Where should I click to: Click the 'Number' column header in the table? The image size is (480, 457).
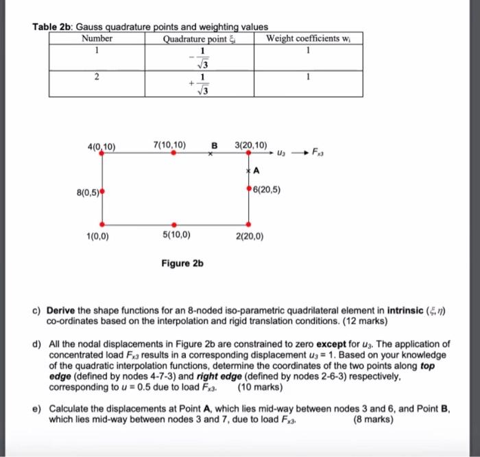coord(97,39)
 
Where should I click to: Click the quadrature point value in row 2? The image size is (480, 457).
coord(201,83)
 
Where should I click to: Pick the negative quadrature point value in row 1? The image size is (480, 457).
coord(200,58)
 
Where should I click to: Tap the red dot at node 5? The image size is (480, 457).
coord(173,224)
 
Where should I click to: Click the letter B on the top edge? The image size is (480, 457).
coord(214,145)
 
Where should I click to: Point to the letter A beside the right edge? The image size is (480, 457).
coord(256,170)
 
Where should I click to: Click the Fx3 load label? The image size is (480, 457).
coord(320,151)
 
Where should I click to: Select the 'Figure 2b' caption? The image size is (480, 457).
coord(182,263)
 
